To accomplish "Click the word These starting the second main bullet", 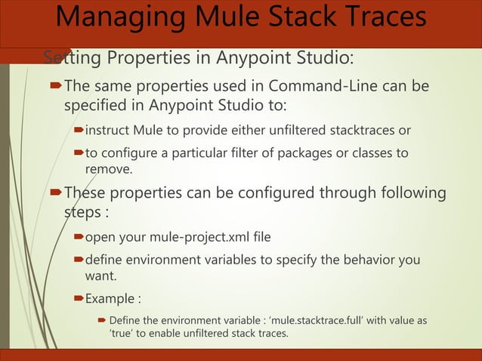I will pos(85,193).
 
